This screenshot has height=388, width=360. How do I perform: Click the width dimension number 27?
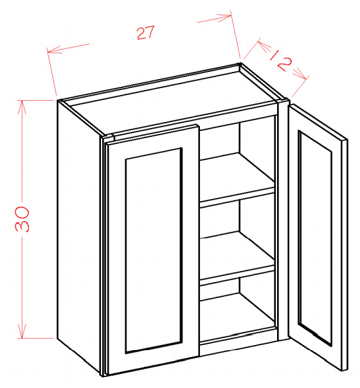(x=145, y=32)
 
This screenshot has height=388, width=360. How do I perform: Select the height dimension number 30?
(x=22, y=219)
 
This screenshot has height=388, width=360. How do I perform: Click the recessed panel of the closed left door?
(x=154, y=251)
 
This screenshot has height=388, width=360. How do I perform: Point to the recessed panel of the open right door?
(x=315, y=238)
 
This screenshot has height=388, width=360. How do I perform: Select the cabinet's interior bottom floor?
(x=238, y=317)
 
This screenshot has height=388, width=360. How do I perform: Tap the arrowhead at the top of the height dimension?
(x=22, y=107)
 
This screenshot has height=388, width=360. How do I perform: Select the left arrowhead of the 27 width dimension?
(x=54, y=49)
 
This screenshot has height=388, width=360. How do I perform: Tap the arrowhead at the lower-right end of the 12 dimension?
(x=301, y=74)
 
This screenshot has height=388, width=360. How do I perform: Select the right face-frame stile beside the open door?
(x=283, y=220)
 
